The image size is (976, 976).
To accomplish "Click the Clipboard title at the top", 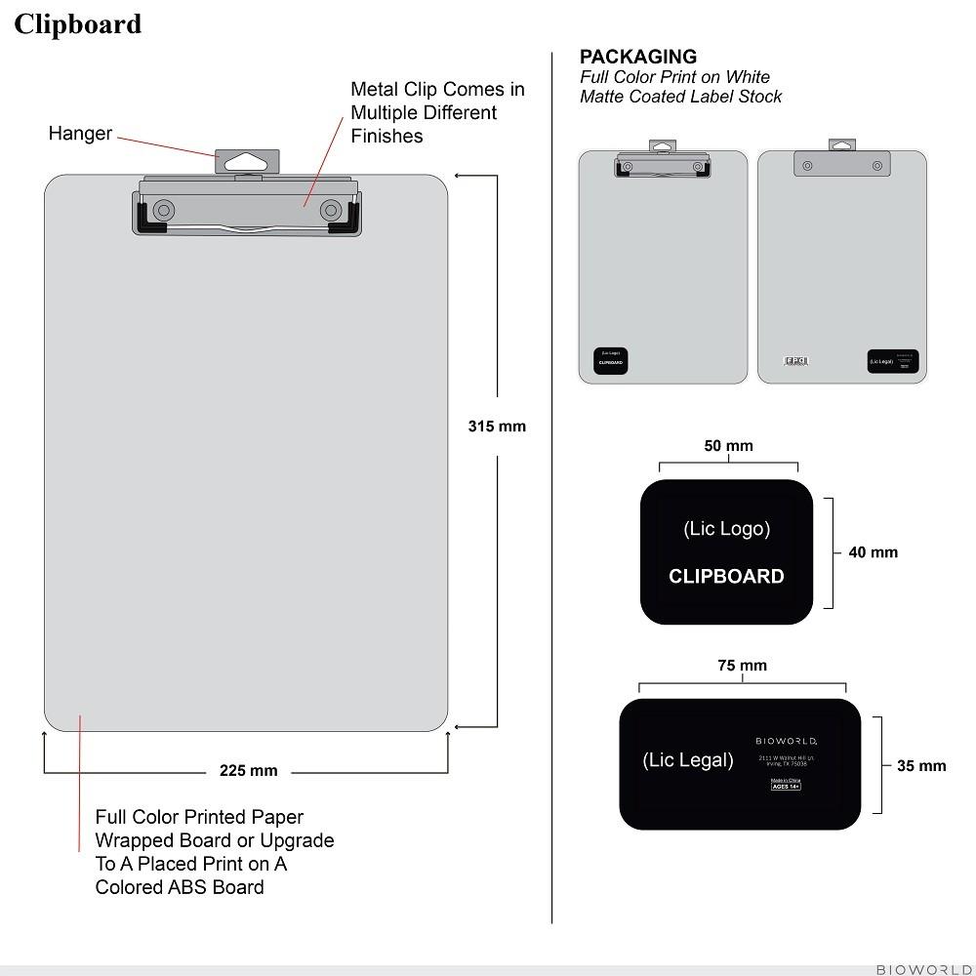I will tap(77, 23).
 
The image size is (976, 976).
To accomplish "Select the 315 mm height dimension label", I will tap(497, 426).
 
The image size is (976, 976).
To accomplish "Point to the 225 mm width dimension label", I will tap(248, 771).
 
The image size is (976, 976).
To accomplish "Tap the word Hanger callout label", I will tap(80, 134).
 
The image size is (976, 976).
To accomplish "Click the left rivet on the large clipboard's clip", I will tap(163, 209).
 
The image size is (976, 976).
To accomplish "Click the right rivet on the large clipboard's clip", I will tap(331, 209).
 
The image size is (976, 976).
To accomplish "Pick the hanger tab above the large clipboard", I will tap(247, 161).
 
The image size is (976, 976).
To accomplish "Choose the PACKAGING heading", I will tap(638, 57).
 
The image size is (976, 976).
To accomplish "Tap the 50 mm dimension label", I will tap(728, 446).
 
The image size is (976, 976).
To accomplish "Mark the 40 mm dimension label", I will tap(873, 552).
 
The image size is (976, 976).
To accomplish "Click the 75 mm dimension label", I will tap(742, 666).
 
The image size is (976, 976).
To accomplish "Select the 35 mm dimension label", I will tap(921, 766).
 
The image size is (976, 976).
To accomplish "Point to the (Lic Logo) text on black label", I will tap(726, 529).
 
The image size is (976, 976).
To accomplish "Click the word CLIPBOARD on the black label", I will tap(726, 576).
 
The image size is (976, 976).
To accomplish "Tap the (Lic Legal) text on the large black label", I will tap(687, 760).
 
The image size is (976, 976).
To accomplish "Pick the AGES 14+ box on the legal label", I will tap(786, 786).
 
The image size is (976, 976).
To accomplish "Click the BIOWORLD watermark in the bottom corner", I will tap(923, 969).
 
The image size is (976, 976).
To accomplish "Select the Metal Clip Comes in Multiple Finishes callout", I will tap(437, 112).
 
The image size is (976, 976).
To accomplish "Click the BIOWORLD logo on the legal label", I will tap(786, 741).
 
